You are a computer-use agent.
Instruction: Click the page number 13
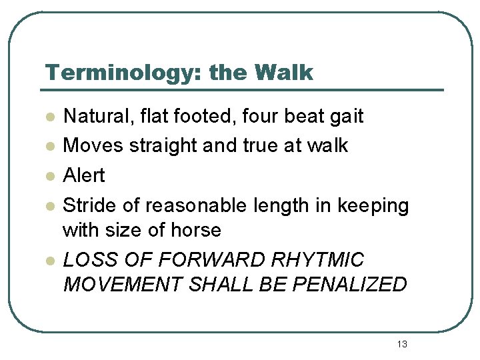[401, 344]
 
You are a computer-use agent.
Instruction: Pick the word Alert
[83, 175]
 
